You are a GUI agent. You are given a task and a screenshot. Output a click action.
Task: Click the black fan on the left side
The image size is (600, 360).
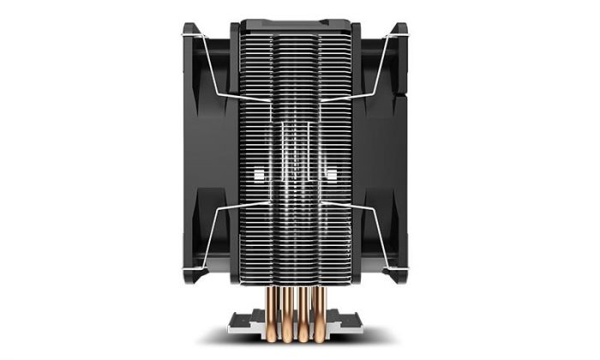206,154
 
